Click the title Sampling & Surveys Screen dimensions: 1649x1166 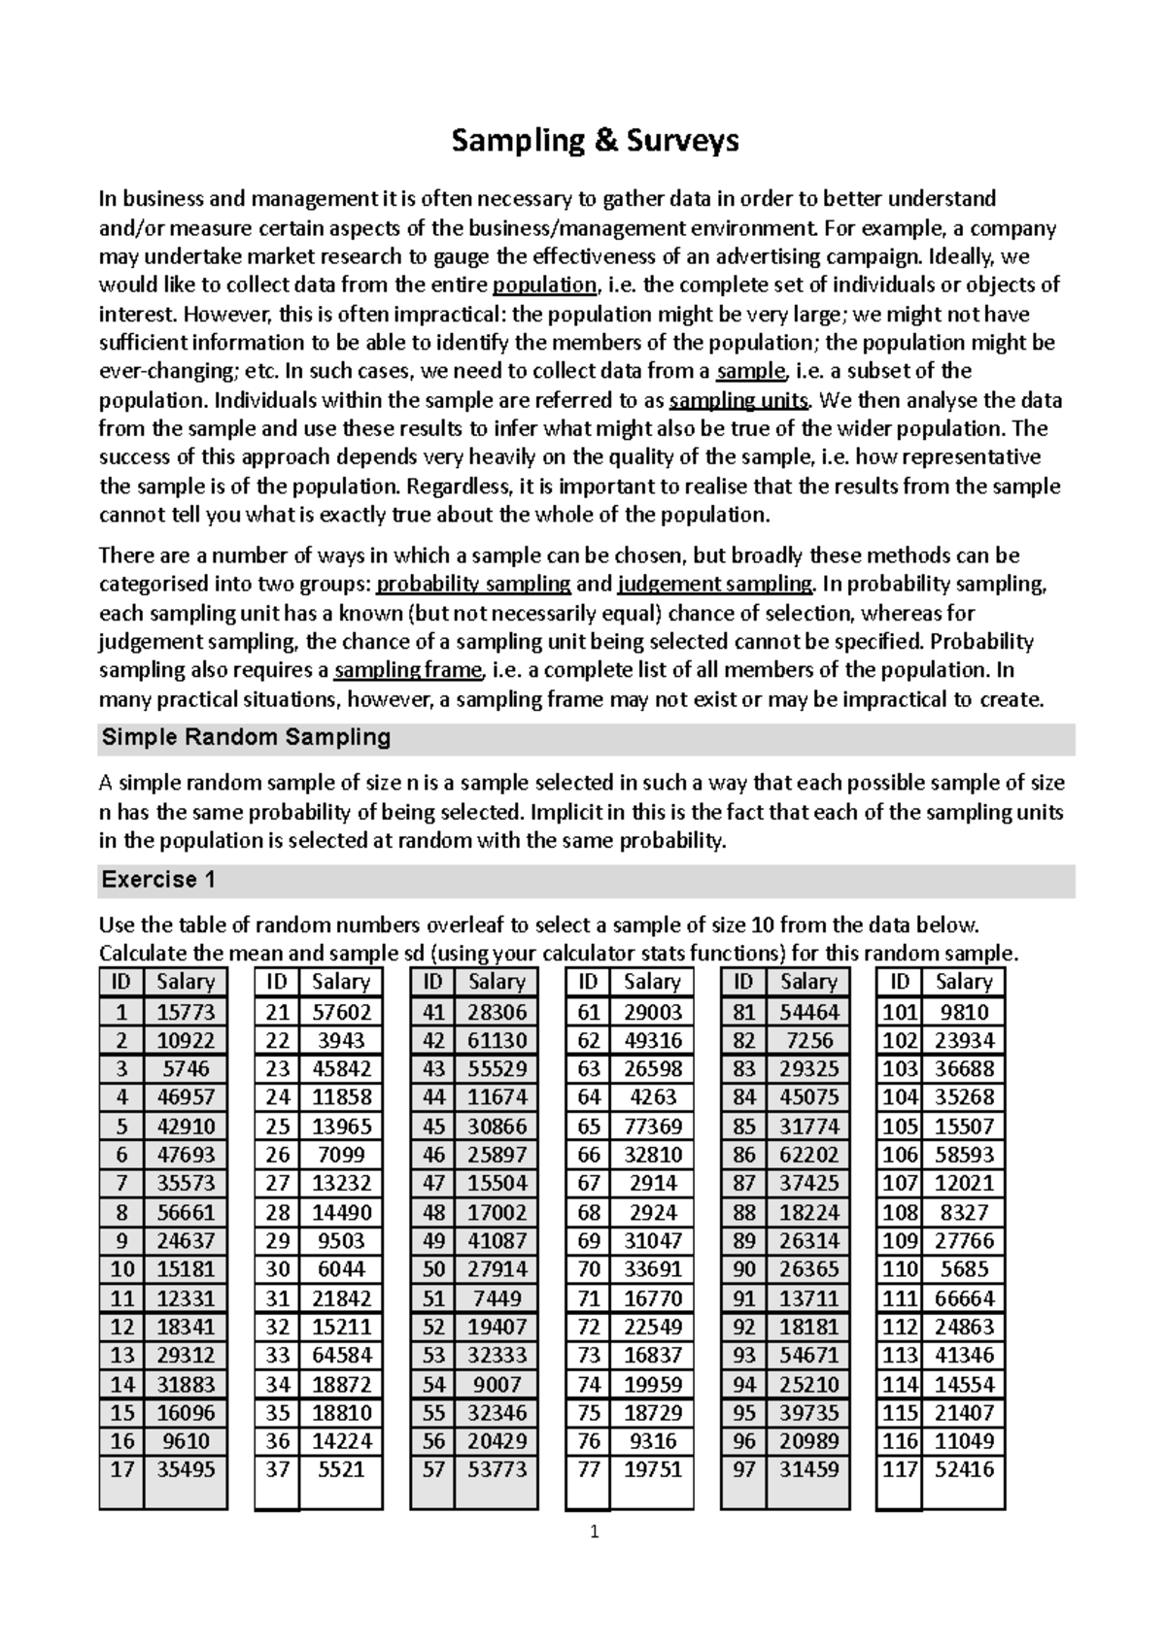tap(595, 142)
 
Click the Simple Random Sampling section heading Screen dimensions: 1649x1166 tap(246, 737)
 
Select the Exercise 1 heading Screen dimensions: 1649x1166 tap(157, 880)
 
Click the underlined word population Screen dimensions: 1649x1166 tap(544, 286)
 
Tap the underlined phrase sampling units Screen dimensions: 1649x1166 tap(739, 400)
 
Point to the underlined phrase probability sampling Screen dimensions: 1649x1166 tap(473, 584)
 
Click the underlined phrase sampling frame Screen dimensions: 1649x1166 tap(408, 670)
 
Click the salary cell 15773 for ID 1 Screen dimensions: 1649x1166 tap(186, 1012)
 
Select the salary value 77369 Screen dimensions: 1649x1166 tap(653, 1127)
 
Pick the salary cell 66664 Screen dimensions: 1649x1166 tap(964, 1298)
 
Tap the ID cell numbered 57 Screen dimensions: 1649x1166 tap(433, 1470)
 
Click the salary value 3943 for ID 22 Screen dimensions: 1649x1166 tap(341, 1040)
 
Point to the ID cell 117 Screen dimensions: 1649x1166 tap(900, 1470)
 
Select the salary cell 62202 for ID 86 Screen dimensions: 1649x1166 tap(808, 1155)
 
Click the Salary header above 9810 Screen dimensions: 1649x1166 tap(964, 982)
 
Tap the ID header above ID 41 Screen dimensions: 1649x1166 tap(433, 982)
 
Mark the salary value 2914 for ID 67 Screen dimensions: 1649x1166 tap(653, 1184)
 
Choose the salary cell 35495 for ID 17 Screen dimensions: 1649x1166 tap(186, 1470)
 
